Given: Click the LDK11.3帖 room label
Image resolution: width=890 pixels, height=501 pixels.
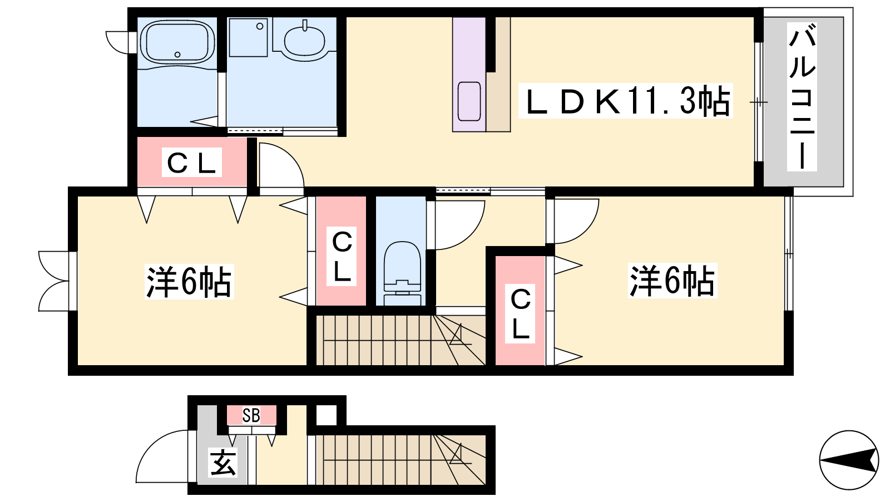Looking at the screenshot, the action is point(626,101).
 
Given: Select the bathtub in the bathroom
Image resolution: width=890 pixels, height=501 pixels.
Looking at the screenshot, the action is point(177,42).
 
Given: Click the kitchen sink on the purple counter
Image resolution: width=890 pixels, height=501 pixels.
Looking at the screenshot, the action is point(469,101).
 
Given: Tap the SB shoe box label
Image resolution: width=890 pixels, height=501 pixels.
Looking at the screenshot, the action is point(251,415).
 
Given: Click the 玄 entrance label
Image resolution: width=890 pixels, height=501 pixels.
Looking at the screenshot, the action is point(223,462).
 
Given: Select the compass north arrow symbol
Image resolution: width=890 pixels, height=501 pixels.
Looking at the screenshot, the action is point(849,460).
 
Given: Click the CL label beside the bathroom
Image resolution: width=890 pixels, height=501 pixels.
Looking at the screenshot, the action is point(191,163).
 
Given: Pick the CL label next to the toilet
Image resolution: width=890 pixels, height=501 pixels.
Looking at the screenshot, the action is point(342,257).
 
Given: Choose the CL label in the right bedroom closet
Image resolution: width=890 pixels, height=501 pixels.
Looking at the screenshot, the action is point(520,314).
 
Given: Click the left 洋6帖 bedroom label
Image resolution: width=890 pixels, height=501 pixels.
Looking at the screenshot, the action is point(189,282).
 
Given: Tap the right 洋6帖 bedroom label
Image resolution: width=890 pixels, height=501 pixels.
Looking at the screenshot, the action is point(673,281).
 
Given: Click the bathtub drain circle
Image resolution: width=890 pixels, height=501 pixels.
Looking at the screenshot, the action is point(177,55).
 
